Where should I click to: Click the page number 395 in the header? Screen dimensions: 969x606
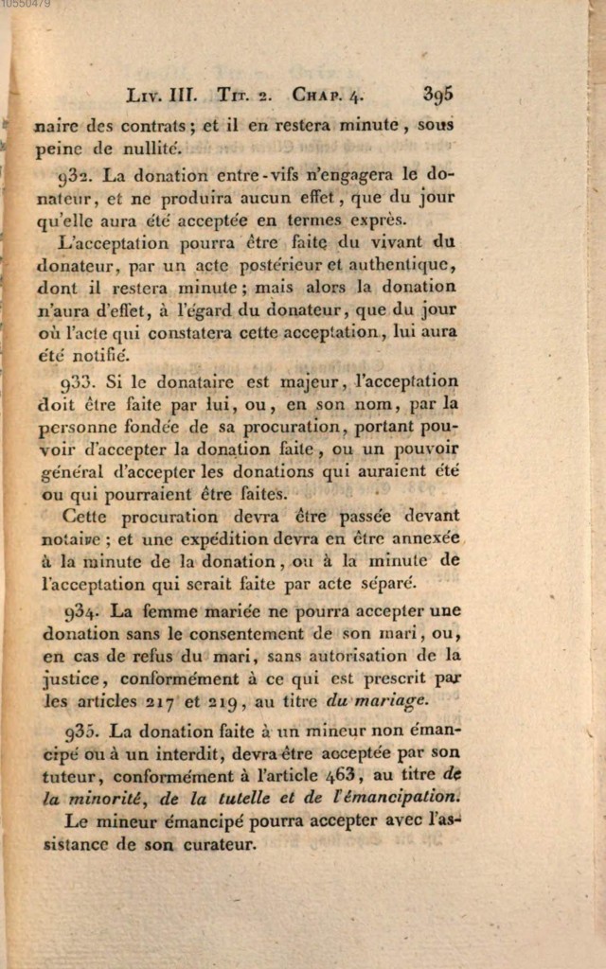pyautogui.click(x=438, y=94)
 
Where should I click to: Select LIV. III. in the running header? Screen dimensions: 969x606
pyautogui.click(x=161, y=95)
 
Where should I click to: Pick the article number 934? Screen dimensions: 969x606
pyautogui.click(x=85, y=610)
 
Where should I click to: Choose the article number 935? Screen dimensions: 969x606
pyautogui.click(x=84, y=731)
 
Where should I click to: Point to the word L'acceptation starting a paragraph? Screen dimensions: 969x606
pyautogui.click(x=106, y=241)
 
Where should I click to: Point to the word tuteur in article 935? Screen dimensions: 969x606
pyautogui.click(x=67, y=776)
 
